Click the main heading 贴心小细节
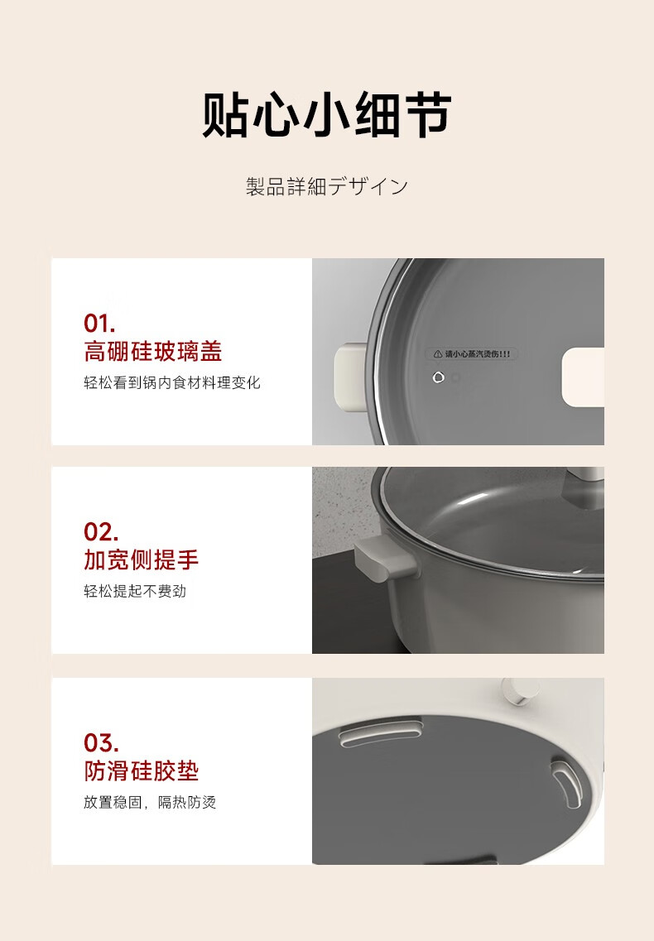[327, 115]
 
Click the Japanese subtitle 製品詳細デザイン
[327, 187]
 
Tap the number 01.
[99, 324]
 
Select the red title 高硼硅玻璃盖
[153, 352]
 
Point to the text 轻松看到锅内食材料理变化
[171, 383]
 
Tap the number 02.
[101, 532]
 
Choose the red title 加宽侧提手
[141, 560]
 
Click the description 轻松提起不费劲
[135, 591]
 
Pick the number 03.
[101, 743]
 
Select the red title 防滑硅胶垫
[141, 771]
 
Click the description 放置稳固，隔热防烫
[150, 802]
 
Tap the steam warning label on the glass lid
[472, 354]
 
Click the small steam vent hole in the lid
[439, 377]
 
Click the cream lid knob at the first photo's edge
[583, 377]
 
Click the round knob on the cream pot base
[517, 691]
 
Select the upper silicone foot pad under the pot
[381, 732]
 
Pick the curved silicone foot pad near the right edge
[566, 782]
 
